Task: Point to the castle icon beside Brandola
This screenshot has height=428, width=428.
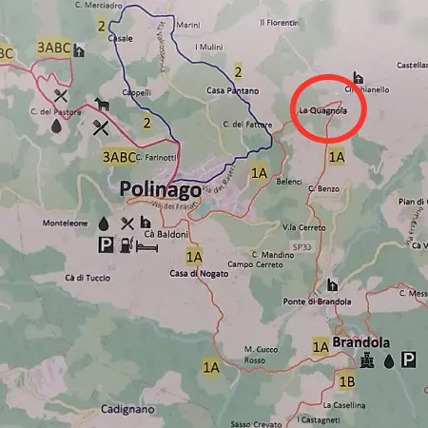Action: point(366,360)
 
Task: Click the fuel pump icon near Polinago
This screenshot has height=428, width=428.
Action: point(126,245)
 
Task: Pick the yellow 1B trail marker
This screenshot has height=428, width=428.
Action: point(347,382)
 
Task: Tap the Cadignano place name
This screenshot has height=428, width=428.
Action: point(126,409)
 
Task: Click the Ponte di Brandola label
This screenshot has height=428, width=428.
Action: point(336,302)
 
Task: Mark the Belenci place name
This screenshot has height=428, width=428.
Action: point(289,181)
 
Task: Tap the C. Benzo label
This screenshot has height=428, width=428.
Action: point(323,189)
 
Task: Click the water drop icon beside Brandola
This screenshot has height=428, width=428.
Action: point(388,360)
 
